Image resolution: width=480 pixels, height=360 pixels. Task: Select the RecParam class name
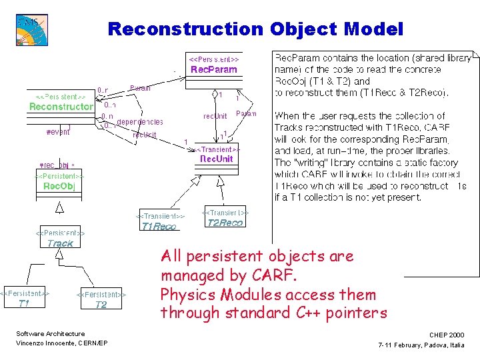[x=213, y=69]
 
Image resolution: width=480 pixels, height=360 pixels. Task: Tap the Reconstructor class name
[x=61, y=107]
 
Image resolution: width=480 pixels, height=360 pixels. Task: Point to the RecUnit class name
[x=217, y=159]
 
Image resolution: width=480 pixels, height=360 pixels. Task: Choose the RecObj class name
[x=59, y=186]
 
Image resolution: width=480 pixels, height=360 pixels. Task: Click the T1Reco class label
[x=159, y=226]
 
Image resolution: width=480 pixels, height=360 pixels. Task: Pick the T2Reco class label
[x=225, y=223]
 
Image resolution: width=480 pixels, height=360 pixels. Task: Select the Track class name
[x=60, y=243]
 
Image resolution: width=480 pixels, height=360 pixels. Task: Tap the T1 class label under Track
[x=23, y=303]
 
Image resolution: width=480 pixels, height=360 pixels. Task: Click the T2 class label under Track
[x=101, y=304]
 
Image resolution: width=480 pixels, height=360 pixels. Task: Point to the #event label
[x=57, y=132]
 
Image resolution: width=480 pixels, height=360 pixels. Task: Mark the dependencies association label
[x=140, y=122]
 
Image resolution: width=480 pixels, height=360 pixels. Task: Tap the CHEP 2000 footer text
[x=447, y=335]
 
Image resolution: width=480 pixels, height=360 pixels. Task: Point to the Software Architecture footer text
[x=50, y=334]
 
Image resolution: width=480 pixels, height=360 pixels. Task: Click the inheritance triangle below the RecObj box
[x=59, y=209]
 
